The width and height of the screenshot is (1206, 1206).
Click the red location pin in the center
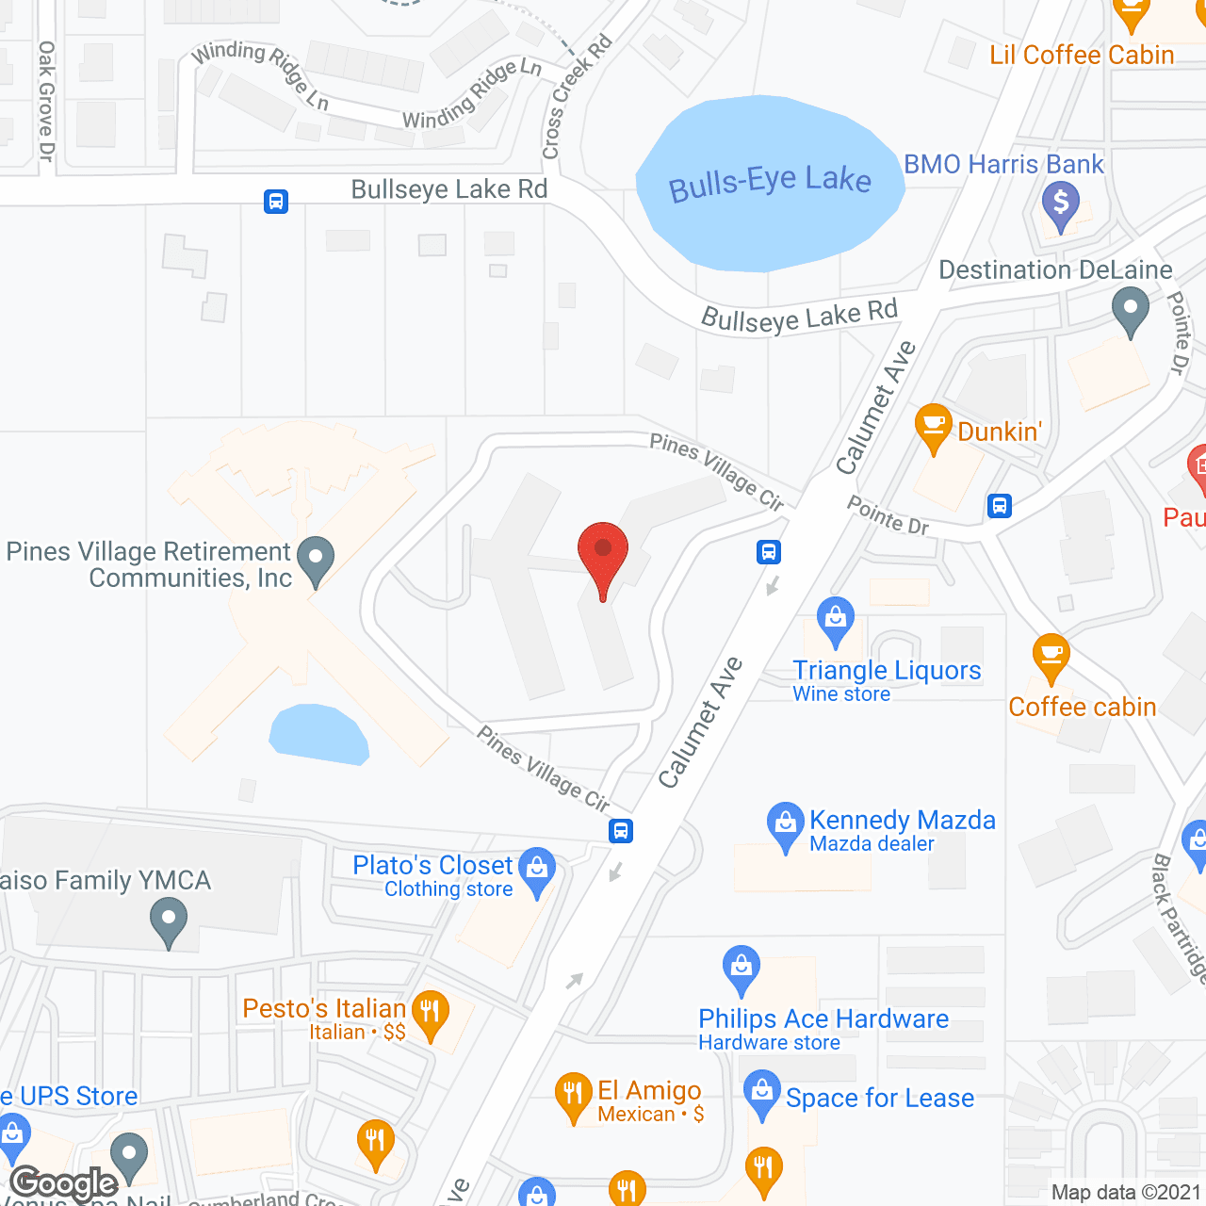point(602,556)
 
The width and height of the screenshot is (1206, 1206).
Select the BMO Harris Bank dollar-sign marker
point(1061,204)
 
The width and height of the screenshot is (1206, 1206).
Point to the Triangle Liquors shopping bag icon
point(835,620)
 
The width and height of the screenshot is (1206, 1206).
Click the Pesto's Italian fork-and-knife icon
point(431,1015)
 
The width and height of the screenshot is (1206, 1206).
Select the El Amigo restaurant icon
point(573,1096)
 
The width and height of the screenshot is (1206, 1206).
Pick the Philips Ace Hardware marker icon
point(742,968)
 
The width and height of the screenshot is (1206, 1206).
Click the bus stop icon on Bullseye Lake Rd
point(276,202)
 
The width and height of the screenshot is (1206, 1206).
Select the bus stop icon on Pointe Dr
point(1000,506)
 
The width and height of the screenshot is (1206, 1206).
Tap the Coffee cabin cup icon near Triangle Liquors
point(1051,656)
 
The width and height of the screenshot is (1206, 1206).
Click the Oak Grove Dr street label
point(46,101)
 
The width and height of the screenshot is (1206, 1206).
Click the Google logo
point(64,1183)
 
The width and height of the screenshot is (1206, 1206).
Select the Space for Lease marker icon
point(762,1093)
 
